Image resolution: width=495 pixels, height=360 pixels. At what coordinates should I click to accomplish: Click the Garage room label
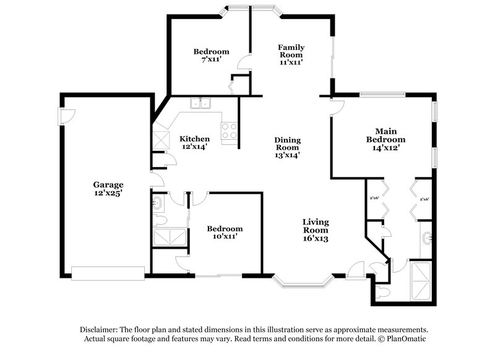108,184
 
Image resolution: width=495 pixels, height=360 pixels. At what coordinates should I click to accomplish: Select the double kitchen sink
200,104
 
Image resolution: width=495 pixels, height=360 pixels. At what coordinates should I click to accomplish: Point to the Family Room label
291,48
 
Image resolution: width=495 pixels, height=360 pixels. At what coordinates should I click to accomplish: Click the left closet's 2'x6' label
374,199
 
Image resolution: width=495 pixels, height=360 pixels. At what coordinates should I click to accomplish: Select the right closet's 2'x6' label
424,199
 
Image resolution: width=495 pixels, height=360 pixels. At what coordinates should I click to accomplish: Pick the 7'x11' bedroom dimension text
211,60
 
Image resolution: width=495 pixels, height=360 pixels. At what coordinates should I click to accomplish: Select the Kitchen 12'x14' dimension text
194,147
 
